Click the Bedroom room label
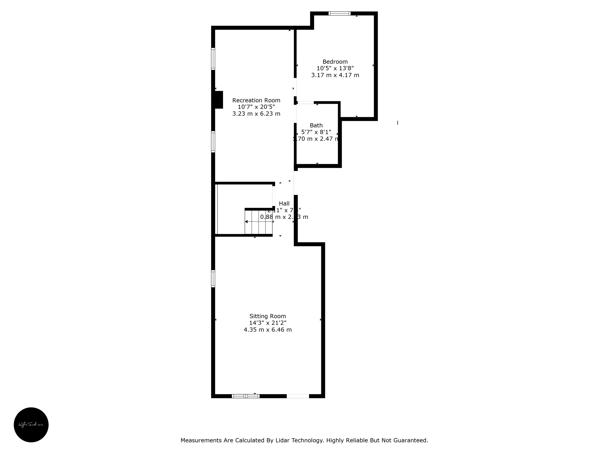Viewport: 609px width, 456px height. click(x=335, y=62)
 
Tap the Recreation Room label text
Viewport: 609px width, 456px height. click(x=256, y=100)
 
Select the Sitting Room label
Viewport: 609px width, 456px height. click(x=267, y=316)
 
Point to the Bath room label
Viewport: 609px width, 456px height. click(x=316, y=125)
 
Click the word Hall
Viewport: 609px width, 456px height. click(x=284, y=203)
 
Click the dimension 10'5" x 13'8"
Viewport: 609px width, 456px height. click(x=335, y=68)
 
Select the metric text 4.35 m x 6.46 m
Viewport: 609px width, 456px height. click(x=267, y=330)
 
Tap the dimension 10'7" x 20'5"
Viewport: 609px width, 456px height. click(x=256, y=107)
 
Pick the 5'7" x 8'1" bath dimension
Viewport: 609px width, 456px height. click(x=316, y=132)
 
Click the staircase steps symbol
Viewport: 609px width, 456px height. click(x=258, y=222)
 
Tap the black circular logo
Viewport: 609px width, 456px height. click(x=31, y=425)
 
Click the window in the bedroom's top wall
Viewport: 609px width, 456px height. click(x=339, y=13)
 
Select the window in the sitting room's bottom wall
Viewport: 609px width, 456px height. click(x=245, y=396)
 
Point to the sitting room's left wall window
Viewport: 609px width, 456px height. click(x=213, y=278)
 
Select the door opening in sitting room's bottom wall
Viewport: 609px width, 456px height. click(x=298, y=396)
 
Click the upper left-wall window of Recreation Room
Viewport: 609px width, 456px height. click(x=213, y=59)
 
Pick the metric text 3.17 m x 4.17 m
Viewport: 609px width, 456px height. click(x=335, y=75)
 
